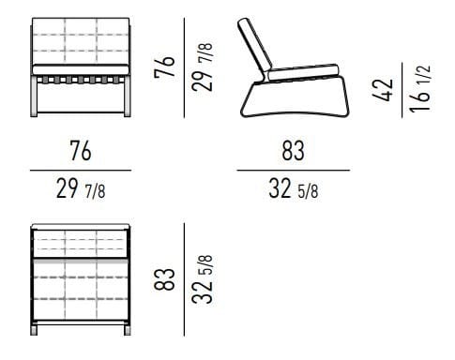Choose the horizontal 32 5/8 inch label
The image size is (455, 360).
point(293,190)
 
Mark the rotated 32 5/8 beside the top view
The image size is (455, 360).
point(201,279)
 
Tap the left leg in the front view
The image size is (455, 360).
point(36,98)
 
